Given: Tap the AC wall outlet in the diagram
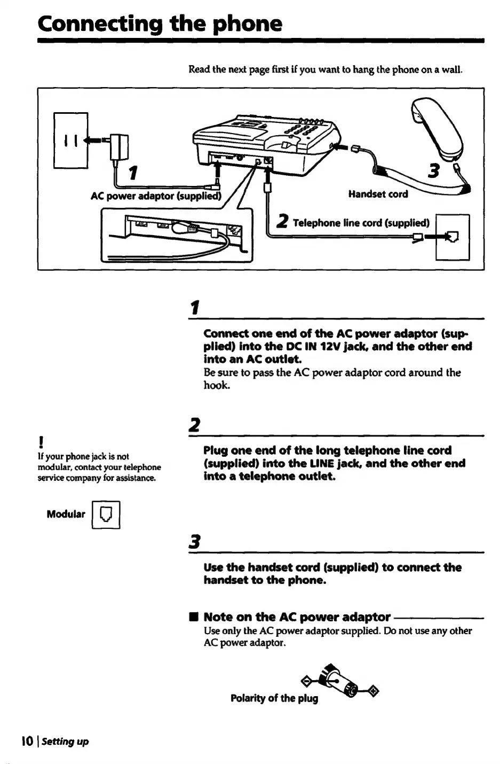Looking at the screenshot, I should click(x=70, y=141).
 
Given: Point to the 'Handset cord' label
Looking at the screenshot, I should click(x=378, y=194).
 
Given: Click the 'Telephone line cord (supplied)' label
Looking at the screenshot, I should click(x=361, y=223).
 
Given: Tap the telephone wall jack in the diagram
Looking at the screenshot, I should click(x=453, y=237).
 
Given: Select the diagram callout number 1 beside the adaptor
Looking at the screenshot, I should click(x=134, y=173).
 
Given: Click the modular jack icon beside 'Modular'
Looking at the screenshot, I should click(x=106, y=514).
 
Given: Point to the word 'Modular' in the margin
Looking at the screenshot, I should click(x=66, y=514).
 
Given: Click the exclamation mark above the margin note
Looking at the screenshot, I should click(x=41, y=442).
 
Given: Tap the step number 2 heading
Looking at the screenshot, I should click(x=194, y=425).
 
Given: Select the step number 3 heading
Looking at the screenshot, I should click(x=194, y=542).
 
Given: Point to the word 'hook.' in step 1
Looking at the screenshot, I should click(x=217, y=385).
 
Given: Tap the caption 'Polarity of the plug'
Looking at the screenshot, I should click(x=274, y=698).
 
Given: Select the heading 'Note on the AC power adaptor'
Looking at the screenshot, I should click(x=297, y=617).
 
